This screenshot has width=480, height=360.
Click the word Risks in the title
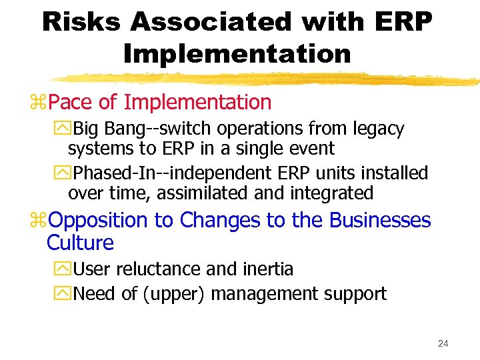click(81, 22)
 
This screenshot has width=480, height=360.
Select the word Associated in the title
click(211, 22)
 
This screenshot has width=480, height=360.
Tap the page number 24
click(443, 343)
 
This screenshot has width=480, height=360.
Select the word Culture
click(80, 243)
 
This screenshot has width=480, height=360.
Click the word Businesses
click(380, 220)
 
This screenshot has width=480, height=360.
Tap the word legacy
click(377, 129)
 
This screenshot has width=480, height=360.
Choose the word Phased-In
click(113, 173)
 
